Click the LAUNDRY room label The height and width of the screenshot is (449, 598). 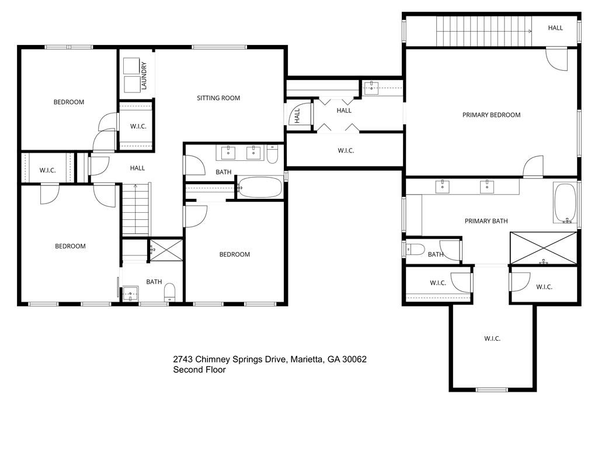[144, 75]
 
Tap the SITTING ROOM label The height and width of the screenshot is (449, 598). [218, 98]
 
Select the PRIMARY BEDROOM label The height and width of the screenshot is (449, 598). [491, 115]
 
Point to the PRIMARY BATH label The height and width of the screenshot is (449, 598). [486, 221]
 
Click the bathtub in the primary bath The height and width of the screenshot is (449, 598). [565, 203]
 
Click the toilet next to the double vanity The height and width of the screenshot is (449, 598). [272, 154]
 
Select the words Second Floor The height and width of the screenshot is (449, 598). [199, 369]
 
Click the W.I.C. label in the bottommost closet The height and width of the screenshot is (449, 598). [492, 339]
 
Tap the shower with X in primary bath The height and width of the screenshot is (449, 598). [543, 248]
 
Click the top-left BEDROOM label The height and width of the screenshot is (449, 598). [69, 102]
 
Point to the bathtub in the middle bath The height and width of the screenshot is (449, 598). [260, 188]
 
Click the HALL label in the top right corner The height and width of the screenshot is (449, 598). [555, 27]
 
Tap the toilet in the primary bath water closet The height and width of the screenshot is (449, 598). [415, 250]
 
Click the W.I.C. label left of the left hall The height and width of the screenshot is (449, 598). [47, 171]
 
